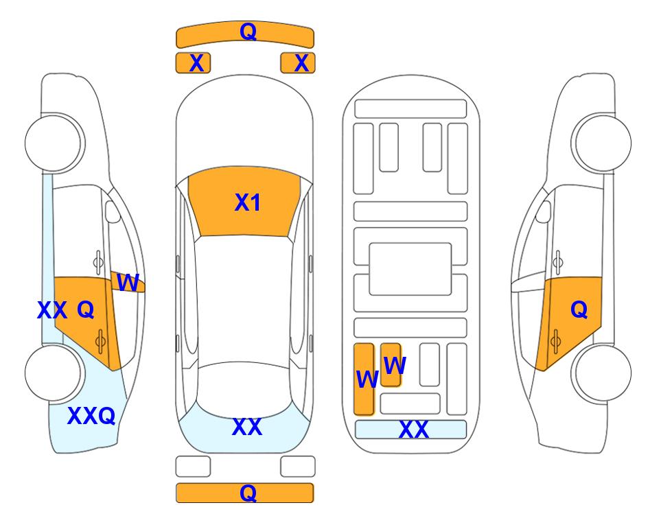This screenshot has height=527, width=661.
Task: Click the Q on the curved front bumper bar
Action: [248, 31]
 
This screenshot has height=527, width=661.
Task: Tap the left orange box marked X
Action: [193, 63]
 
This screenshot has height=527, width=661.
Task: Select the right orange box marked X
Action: [298, 63]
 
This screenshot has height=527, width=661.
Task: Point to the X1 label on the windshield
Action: [248, 202]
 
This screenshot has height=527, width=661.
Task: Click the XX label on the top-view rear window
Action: [247, 427]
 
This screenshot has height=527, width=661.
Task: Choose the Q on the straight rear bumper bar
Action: [248, 493]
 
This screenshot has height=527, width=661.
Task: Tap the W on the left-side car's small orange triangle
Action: [128, 283]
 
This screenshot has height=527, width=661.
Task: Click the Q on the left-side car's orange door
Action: [86, 310]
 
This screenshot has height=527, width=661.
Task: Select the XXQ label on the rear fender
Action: [91, 416]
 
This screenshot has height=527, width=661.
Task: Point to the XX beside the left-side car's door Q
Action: [52, 310]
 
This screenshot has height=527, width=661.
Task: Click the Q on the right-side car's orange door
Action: [579, 310]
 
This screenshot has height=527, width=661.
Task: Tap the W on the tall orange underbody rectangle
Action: [367, 379]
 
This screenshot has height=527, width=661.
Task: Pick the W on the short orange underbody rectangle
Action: [395, 365]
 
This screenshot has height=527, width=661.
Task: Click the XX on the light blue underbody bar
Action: [413, 430]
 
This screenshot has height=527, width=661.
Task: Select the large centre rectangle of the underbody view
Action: [410, 269]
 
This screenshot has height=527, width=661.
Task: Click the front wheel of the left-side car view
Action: [54, 143]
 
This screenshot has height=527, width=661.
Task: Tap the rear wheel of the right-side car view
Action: [602, 373]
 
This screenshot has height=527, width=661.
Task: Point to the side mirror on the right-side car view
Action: [544, 212]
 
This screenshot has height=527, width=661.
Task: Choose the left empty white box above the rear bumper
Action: [193, 467]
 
